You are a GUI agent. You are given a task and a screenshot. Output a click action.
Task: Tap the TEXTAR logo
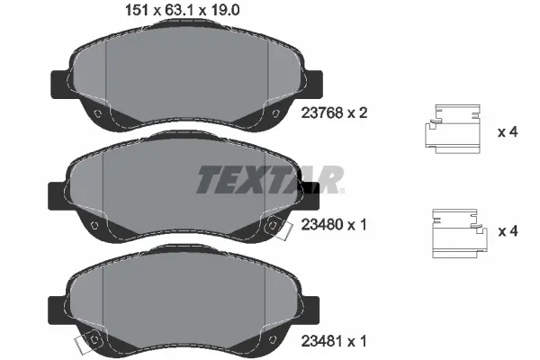pos(269,180)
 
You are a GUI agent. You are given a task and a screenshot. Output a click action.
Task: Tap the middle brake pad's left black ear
pos(55,193)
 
